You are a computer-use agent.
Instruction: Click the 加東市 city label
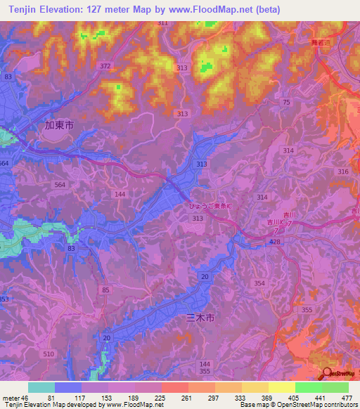(59, 127)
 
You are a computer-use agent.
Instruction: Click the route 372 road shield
(105, 66)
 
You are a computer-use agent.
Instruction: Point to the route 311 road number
(163, 23)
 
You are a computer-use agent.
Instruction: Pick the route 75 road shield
(286, 103)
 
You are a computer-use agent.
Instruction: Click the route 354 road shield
(260, 283)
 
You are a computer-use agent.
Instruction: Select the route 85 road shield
(105, 290)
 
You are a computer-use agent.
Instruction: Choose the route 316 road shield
(343, 172)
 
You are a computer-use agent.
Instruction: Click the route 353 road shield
(4, 299)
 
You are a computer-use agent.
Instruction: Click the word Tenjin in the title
(17, 9)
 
